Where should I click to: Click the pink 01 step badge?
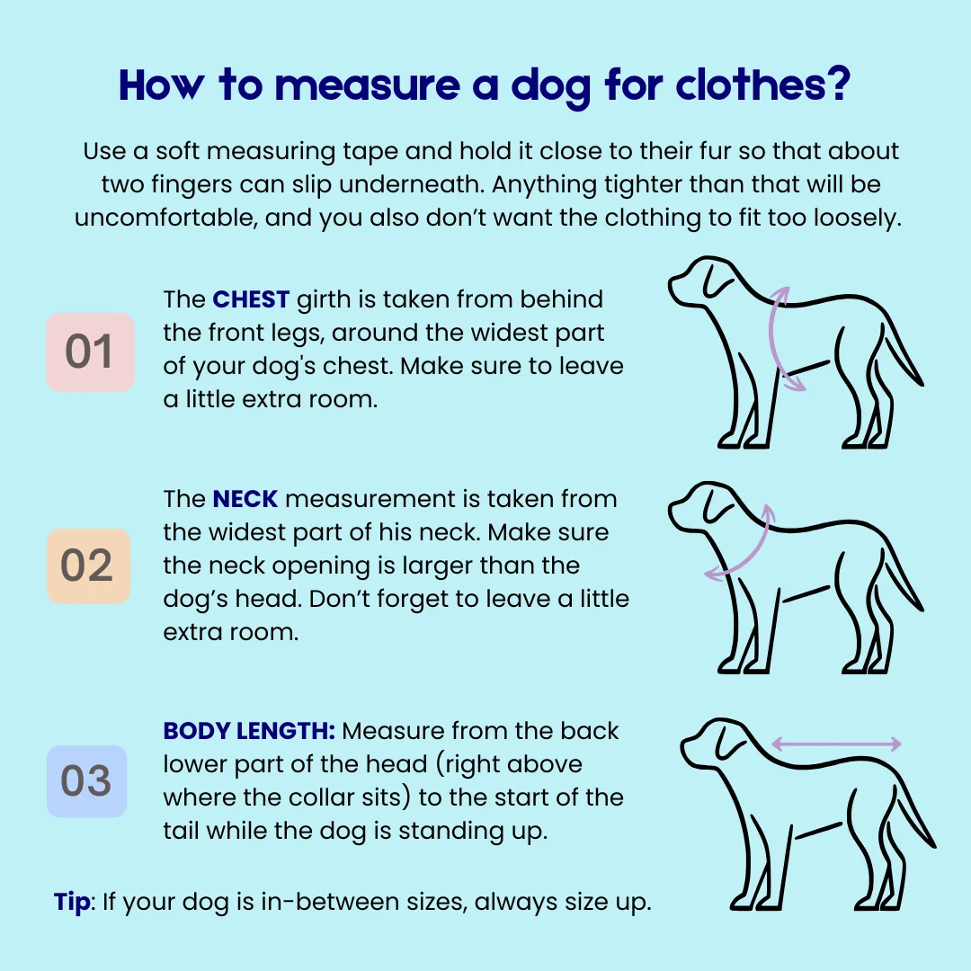point(91,352)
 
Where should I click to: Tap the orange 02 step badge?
point(88,566)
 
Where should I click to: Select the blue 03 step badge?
point(86,781)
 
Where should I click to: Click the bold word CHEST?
point(251,299)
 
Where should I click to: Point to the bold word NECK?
point(245,499)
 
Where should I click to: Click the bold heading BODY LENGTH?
point(249,731)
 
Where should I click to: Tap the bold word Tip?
point(72,903)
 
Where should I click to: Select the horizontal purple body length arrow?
point(836,744)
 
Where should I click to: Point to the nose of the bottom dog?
point(684,746)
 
